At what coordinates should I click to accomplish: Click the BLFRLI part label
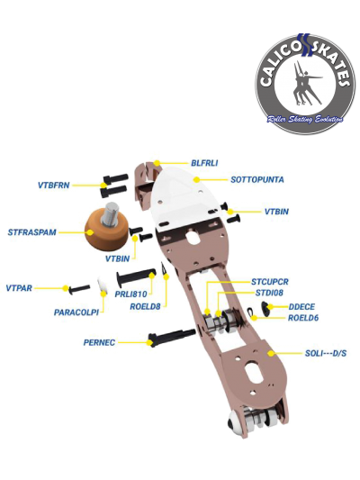click(x=204, y=163)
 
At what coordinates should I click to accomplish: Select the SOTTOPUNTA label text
click(x=256, y=179)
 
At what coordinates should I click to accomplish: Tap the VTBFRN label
click(x=53, y=186)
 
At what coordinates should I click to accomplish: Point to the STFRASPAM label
click(x=32, y=232)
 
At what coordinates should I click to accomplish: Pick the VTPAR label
click(x=19, y=288)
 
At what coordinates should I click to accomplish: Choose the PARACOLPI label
click(x=76, y=312)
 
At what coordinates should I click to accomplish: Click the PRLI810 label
click(x=130, y=294)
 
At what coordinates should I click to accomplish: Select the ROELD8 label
click(x=145, y=306)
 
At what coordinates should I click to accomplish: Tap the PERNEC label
click(x=99, y=342)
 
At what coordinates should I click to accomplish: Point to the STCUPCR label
click(x=270, y=282)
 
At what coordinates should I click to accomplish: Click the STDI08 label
click(x=269, y=293)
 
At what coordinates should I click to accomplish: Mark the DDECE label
click(x=301, y=307)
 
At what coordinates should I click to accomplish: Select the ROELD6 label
click(x=303, y=318)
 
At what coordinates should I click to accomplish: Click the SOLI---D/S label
click(x=326, y=354)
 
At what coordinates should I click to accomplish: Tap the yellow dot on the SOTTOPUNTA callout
click(x=197, y=179)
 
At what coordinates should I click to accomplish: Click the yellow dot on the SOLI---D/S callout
click(x=270, y=354)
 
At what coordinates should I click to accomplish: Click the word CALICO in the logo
click(x=279, y=64)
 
